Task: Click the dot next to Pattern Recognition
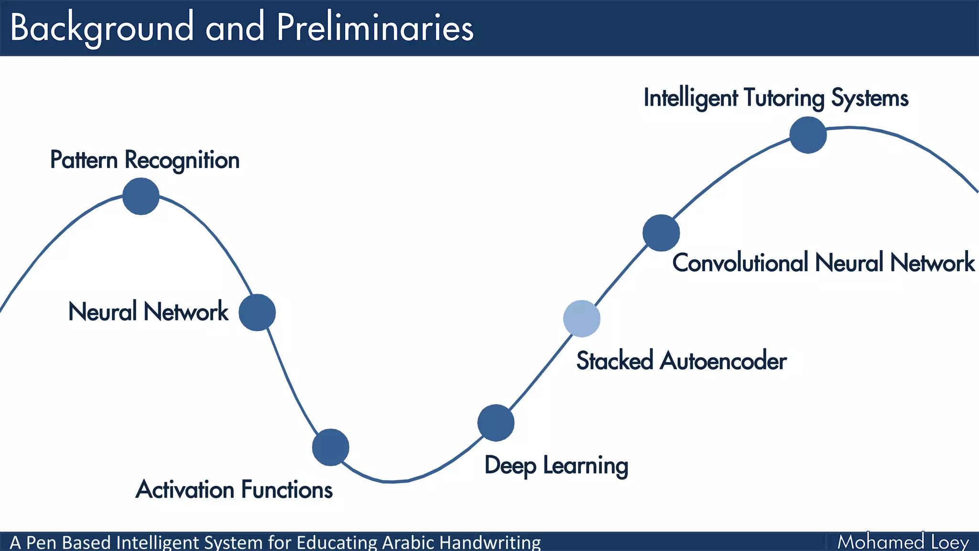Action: click(141, 196)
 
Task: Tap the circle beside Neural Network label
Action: click(257, 312)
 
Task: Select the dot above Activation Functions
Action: click(330, 447)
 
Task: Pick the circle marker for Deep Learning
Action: click(496, 423)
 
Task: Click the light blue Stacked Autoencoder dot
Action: click(582, 319)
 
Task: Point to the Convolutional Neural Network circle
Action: click(661, 233)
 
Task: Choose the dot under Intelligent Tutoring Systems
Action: click(808, 135)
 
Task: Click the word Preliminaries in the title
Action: click(375, 28)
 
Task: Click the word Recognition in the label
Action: click(182, 160)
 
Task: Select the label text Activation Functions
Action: click(234, 490)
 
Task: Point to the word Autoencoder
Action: click(723, 361)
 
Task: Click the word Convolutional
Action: click(740, 263)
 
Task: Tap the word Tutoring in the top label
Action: click(784, 98)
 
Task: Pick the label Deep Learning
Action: click(556, 465)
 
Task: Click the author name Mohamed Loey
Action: click(903, 542)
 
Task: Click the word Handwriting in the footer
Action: click(489, 542)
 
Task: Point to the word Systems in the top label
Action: click(870, 98)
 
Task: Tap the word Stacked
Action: click(614, 361)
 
